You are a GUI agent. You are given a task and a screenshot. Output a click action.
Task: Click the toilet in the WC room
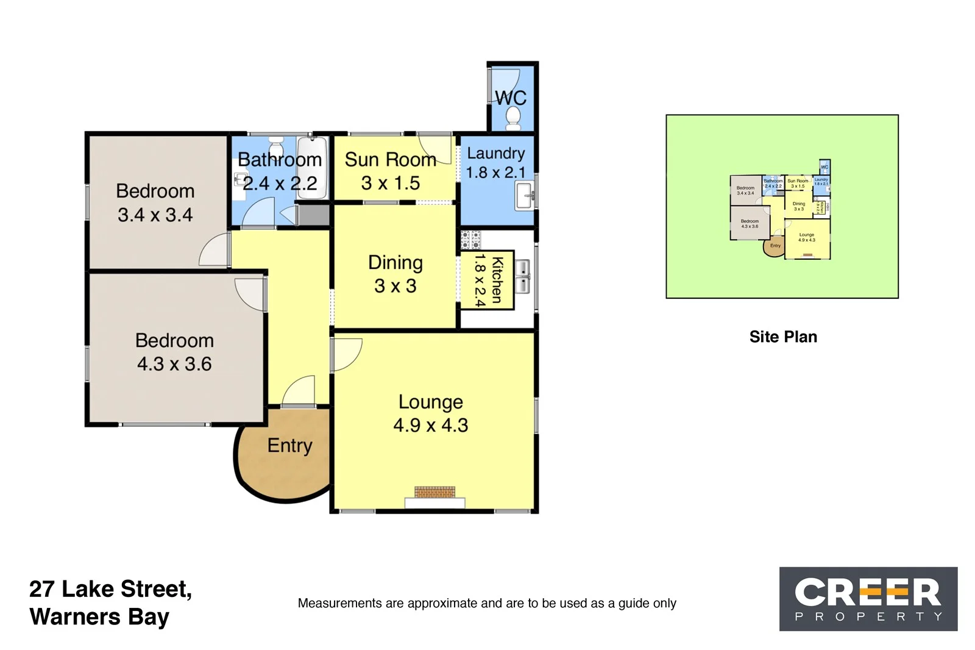513,118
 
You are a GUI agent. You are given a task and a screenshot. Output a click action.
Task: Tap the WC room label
511,98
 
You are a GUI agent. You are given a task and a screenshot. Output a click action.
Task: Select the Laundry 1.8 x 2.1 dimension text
495,173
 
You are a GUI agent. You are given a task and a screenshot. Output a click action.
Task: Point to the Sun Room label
390,160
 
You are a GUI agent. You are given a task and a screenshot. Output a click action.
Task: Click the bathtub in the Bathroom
312,166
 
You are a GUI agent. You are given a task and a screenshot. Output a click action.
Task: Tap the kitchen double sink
522,276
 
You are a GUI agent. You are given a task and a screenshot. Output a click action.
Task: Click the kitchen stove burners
470,240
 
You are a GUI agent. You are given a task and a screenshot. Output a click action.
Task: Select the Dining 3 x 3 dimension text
395,285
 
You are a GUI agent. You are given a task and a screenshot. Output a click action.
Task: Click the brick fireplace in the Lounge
434,492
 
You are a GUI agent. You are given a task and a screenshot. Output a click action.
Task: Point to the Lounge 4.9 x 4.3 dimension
430,425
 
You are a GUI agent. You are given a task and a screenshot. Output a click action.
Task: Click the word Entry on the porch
289,446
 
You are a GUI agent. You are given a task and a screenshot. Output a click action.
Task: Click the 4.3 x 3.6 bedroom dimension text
174,364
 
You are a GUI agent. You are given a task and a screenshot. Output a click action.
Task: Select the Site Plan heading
783,337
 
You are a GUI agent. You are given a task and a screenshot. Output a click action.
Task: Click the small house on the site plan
781,216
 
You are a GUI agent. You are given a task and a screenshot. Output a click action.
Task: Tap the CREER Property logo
868,598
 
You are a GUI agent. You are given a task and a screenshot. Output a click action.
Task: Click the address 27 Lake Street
110,589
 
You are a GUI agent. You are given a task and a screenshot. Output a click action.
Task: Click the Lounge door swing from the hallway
346,354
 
